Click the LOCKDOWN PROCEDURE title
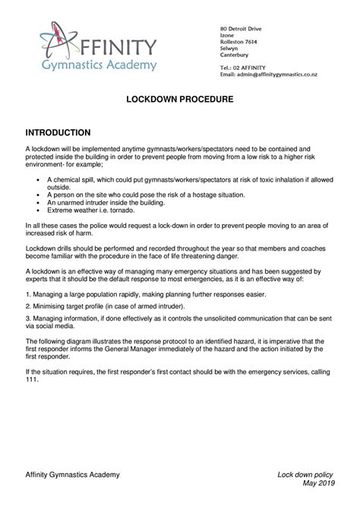coord(179,100)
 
